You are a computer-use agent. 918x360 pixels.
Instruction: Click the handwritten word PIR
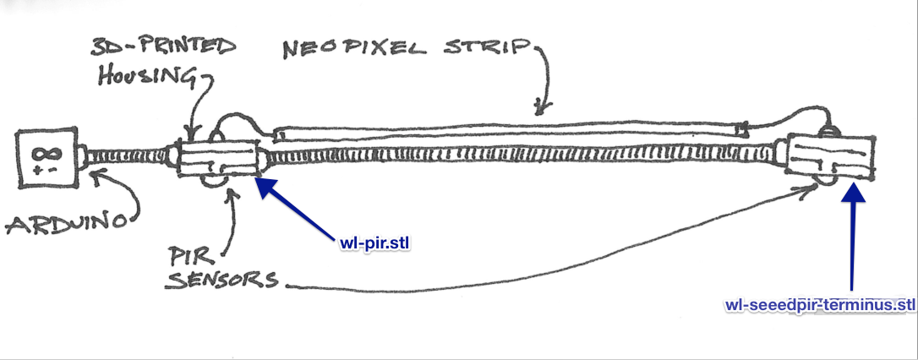(x=191, y=252)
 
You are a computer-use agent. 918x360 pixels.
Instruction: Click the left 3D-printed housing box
(x=216, y=158)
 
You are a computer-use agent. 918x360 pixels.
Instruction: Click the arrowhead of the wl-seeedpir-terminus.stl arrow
(x=851, y=189)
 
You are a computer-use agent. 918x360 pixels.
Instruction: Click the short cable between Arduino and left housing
(x=128, y=157)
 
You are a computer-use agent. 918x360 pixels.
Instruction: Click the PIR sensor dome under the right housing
(x=822, y=184)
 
